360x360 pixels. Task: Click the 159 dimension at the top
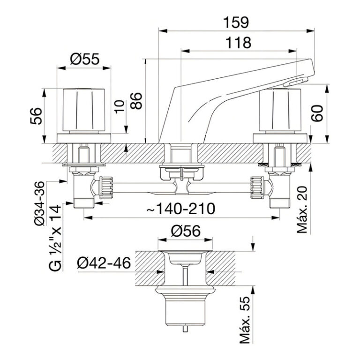(x=237, y=22)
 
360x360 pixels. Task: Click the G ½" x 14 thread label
(x=54, y=239)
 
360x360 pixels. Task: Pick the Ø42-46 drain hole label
(x=104, y=263)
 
